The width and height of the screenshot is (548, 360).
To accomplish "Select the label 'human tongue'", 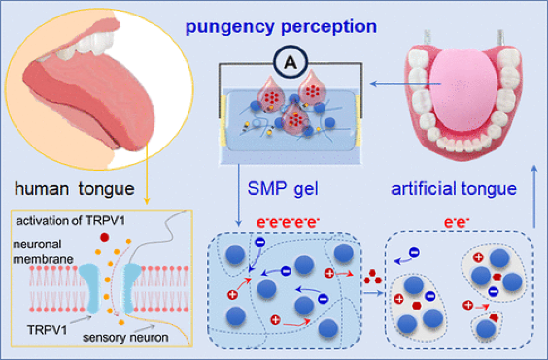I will pos(74,189).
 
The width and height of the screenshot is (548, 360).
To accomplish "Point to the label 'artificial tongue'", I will pos(454,189).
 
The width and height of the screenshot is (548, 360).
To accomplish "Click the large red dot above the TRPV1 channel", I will pos(104,238).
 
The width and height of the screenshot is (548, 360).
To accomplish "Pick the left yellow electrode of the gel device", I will pos(224,117).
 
